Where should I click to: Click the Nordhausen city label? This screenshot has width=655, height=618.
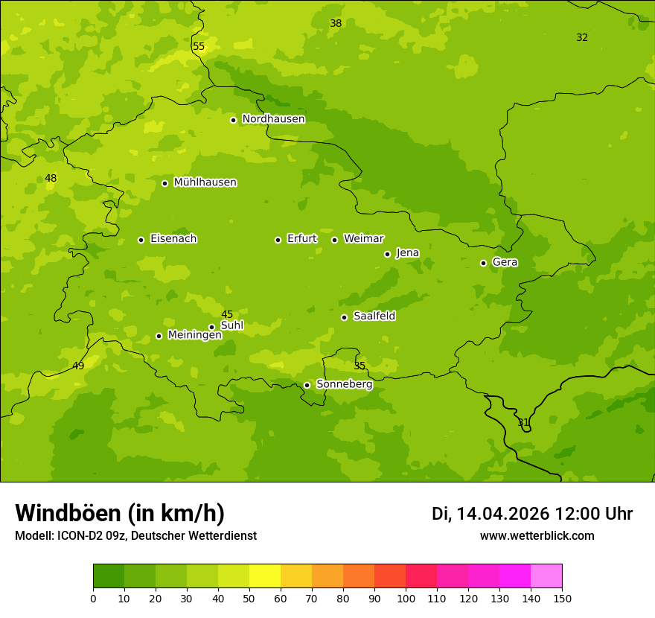(273, 119)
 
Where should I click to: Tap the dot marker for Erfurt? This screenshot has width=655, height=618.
(278, 240)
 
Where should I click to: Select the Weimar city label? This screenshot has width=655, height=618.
(363, 239)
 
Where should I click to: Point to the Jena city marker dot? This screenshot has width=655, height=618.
(387, 254)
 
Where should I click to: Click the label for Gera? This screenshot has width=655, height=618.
(505, 262)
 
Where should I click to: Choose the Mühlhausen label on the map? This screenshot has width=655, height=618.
(205, 182)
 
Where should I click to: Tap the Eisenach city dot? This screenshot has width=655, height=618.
(141, 240)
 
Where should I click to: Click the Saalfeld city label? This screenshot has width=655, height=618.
(374, 316)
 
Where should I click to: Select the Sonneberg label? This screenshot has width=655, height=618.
(344, 384)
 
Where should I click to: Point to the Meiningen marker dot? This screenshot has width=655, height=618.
(159, 336)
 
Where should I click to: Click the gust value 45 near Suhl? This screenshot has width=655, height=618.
(227, 314)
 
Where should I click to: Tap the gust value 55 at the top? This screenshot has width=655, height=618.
(199, 46)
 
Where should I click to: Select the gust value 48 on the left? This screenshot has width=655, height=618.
(51, 178)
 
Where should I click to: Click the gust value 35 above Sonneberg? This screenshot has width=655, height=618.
(360, 366)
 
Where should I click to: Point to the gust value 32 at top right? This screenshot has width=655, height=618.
(582, 37)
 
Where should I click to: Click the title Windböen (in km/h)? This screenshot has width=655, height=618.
(120, 513)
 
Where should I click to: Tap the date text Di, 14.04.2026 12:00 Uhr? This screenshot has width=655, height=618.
(531, 514)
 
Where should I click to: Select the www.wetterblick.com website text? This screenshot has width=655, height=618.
(537, 536)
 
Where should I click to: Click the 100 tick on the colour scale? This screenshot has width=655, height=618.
(406, 597)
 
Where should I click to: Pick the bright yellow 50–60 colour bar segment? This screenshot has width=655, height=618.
(265, 576)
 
